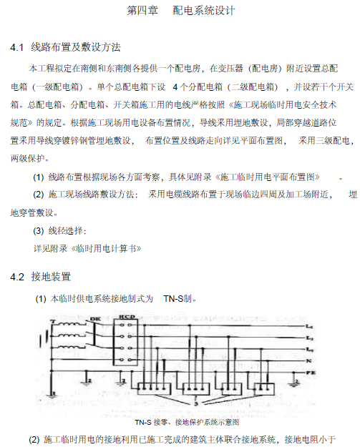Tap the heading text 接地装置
(52, 276)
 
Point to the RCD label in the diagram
(127, 318)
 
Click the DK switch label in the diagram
(94, 319)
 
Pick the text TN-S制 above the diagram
(179, 298)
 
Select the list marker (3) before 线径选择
(42, 231)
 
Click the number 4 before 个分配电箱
(175, 87)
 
